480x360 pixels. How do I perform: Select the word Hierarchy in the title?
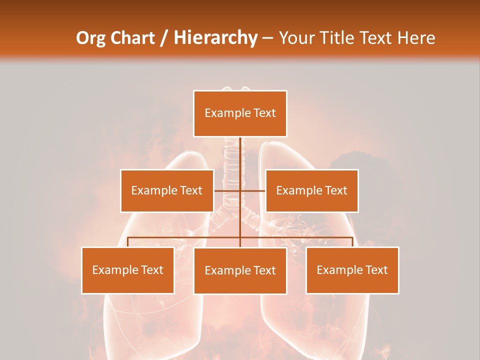[x=215, y=38]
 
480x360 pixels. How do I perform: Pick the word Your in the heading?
[x=296, y=38]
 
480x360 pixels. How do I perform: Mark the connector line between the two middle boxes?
[x=240, y=190]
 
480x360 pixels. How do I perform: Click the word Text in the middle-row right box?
[x=335, y=190]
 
